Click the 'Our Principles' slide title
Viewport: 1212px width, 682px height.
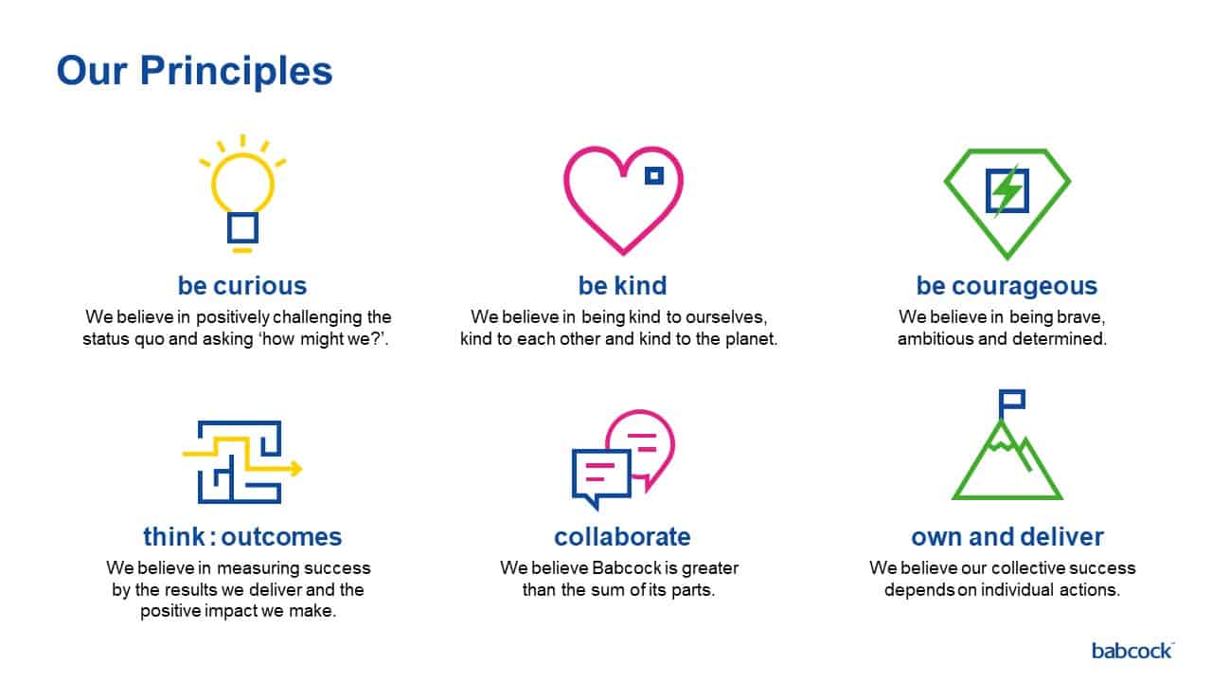coord(194,71)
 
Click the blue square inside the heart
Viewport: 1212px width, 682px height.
coord(654,175)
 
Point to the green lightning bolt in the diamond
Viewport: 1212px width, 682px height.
coord(1007,190)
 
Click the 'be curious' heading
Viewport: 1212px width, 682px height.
coord(242,286)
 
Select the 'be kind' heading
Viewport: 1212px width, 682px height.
coord(623,286)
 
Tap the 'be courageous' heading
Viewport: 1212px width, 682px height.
coord(1007,286)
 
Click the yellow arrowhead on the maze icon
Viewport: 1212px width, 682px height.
coord(296,469)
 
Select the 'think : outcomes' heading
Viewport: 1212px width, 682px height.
coord(242,537)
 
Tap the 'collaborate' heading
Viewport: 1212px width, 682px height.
coord(622,537)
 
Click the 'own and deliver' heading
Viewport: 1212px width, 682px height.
coord(1007,537)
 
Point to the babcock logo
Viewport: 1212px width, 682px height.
coord(1132,651)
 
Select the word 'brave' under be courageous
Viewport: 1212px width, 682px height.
coord(1077,317)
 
